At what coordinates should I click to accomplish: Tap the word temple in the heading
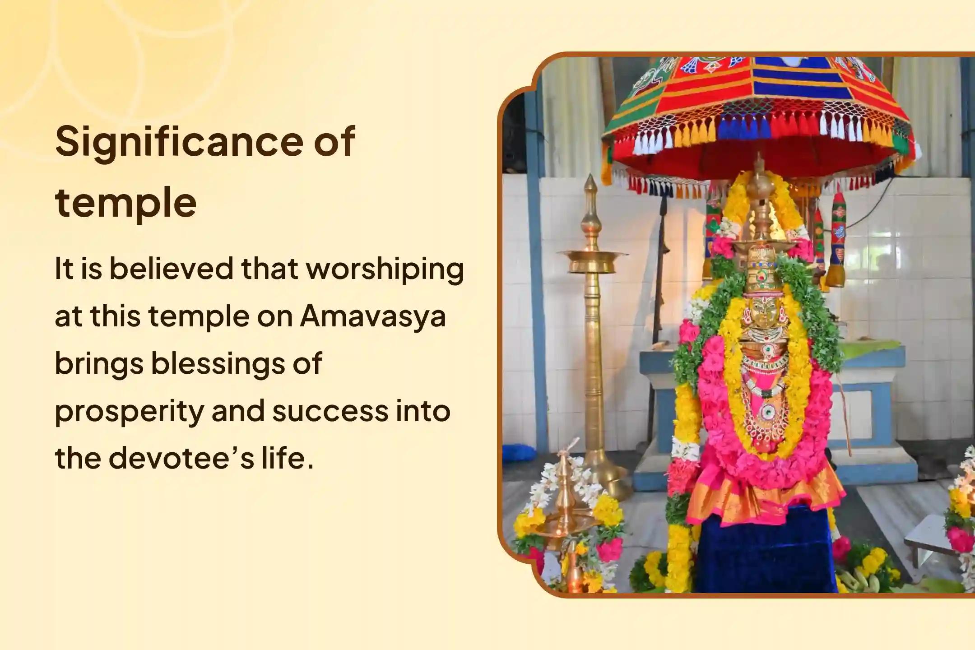(126, 202)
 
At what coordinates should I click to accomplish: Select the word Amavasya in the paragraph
(373, 316)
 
